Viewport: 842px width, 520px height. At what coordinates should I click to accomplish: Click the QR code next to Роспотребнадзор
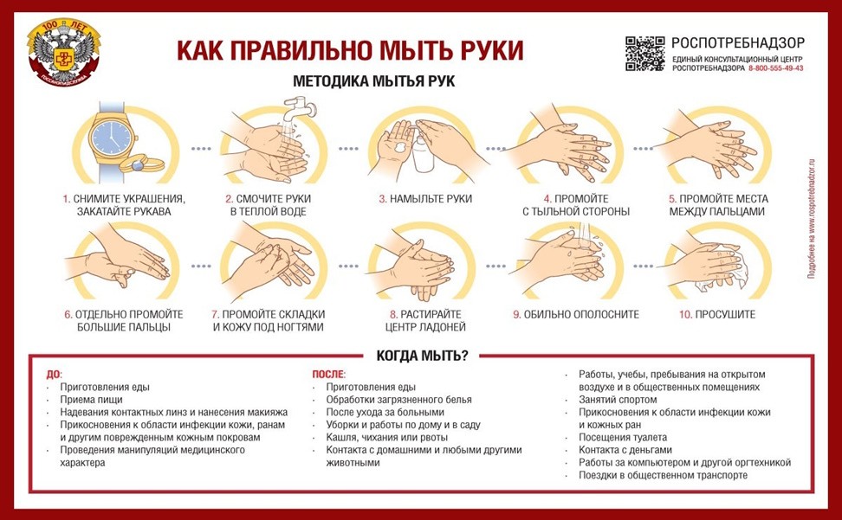point(644,55)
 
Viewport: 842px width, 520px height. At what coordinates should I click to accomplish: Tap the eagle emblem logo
point(62,54)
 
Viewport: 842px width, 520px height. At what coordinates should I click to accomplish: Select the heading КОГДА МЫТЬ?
point(421,356)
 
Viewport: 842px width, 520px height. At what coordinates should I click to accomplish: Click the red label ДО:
point(54,375)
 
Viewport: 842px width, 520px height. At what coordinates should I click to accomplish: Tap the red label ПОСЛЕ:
point(328,375)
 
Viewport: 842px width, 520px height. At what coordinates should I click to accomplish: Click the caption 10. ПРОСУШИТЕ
point(717,314)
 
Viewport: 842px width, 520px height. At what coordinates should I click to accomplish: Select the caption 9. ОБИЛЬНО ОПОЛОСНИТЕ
point(575,314)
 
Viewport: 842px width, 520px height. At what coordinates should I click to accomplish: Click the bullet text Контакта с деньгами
point(625,450)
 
